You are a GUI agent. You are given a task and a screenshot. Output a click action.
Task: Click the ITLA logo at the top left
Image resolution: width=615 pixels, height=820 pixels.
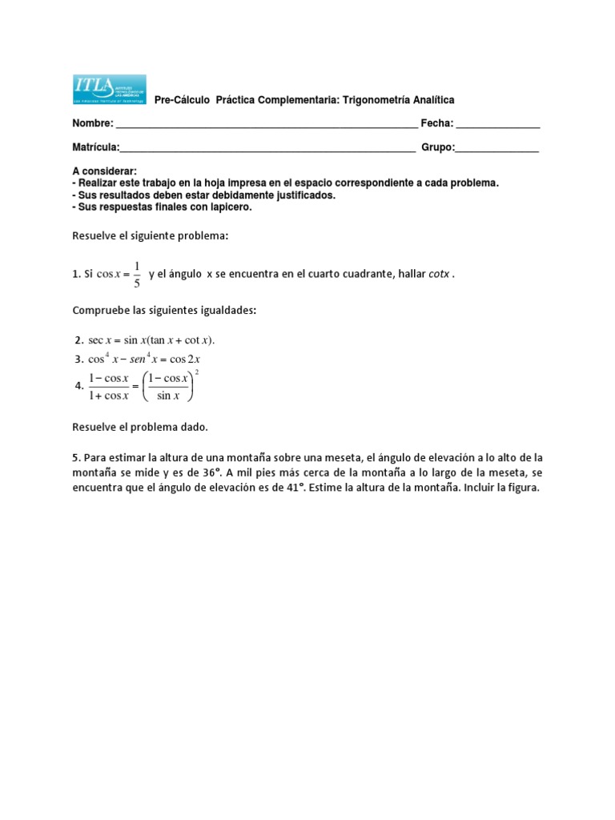pyautogui.click(x=109, y=90)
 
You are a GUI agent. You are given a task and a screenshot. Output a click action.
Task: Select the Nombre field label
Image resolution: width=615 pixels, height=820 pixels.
pyautogui.click(x=93, y=123)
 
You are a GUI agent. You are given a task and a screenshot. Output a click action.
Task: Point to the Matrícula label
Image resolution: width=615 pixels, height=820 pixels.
pyautogui.click(x=95, y=147)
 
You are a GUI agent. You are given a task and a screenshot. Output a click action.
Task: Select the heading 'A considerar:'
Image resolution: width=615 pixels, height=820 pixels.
pyautogui.click(x=104, y=171)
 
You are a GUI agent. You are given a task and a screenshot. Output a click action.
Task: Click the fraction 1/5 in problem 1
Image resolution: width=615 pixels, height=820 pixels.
pyautogui.click(x=137, y=275)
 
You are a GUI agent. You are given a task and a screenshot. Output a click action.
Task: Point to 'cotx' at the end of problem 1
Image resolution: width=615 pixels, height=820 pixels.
pyautogui.click(x=436, y=275)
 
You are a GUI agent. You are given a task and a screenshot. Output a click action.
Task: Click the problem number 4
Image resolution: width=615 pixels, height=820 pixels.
pyautogui.click(x=78, y=385)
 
